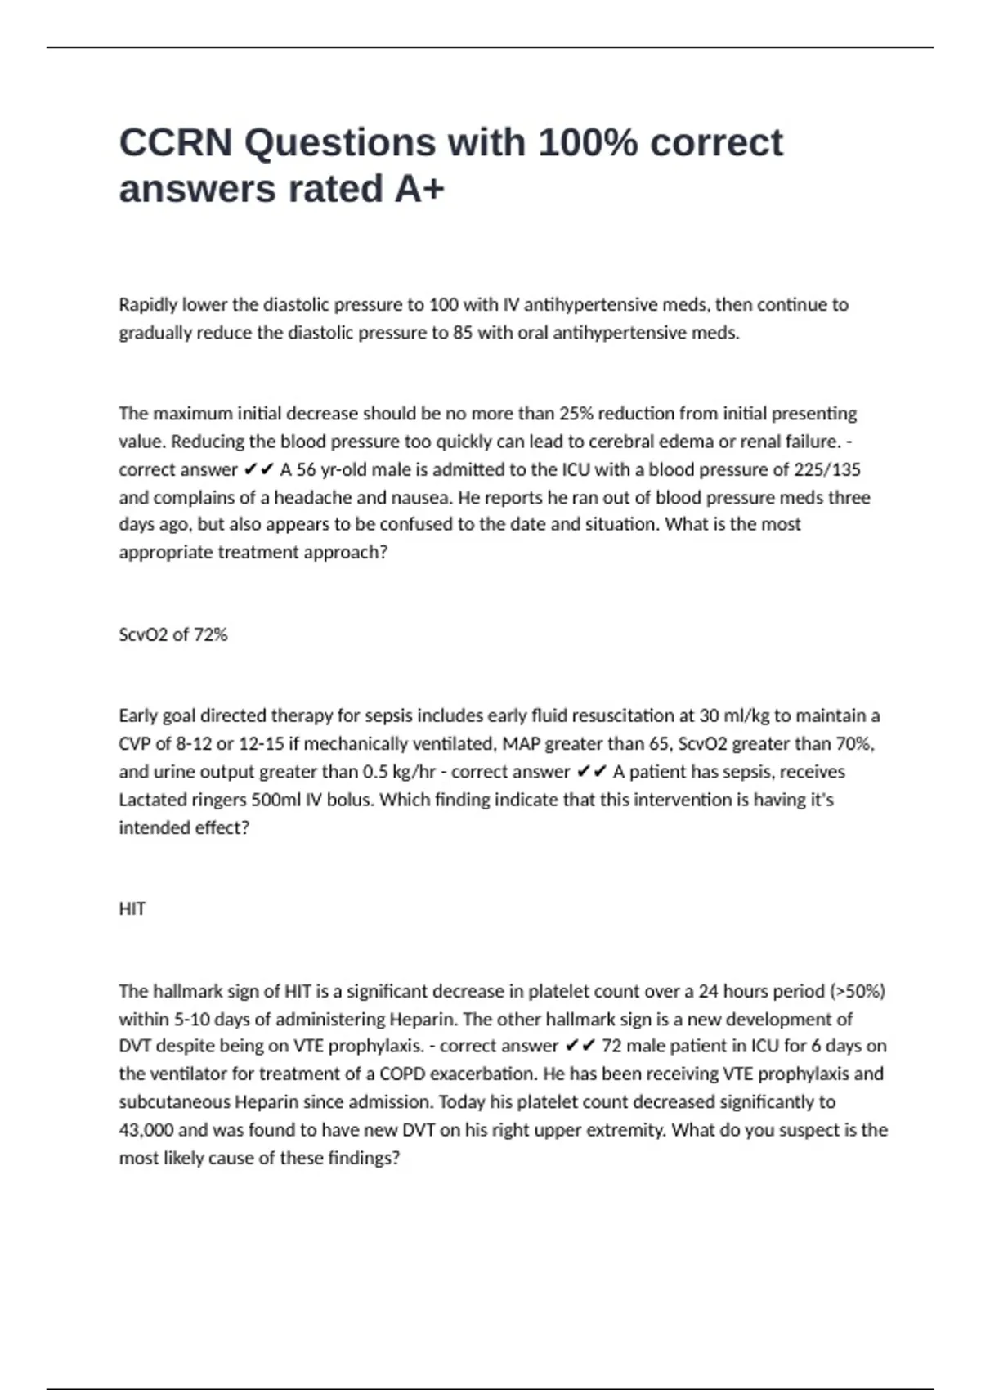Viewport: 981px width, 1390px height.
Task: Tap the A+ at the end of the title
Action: point(419,189)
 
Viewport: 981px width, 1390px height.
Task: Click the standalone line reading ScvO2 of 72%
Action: point(173,634)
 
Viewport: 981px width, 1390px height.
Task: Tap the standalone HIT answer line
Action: point(132,909)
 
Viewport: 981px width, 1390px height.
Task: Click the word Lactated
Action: point(153,800)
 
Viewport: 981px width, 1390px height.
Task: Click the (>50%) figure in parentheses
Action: point(858,991)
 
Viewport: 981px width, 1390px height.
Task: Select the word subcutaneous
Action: point(175,1102)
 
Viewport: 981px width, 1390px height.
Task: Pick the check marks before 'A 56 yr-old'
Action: point(258,469)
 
